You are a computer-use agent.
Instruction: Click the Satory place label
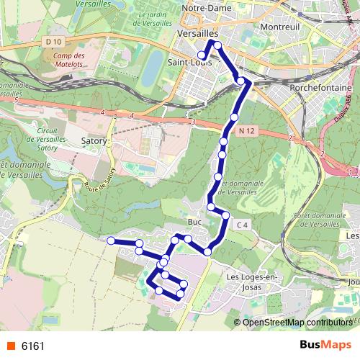95,141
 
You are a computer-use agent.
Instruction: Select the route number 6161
33,346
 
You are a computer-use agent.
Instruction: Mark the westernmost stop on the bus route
111,240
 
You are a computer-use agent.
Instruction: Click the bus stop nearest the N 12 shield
234,117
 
